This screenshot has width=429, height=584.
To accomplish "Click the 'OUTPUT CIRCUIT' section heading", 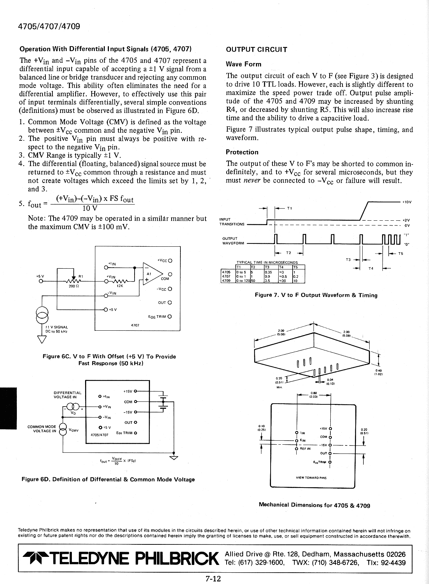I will click(257, 50).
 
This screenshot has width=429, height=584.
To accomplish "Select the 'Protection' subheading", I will click(242, 152).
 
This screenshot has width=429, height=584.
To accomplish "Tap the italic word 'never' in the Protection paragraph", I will click(252, 180).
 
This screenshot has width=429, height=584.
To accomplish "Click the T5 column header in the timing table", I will click(296, 267).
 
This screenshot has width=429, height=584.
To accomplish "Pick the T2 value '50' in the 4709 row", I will click(253, 280).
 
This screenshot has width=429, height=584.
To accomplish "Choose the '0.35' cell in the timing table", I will click(268, 272).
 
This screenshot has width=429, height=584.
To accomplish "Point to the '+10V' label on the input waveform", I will click(407, 202).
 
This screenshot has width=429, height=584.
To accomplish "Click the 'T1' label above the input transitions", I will click(289, 208).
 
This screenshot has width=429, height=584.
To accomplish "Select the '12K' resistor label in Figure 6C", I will click(120, 286).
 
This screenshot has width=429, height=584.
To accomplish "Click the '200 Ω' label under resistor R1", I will click(72, 286).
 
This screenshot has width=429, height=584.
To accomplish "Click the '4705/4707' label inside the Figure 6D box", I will click(99, 435).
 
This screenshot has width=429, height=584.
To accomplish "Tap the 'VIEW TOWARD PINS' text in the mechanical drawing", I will click(311, 478).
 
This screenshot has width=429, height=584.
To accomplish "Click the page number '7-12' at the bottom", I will click(214, 579).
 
